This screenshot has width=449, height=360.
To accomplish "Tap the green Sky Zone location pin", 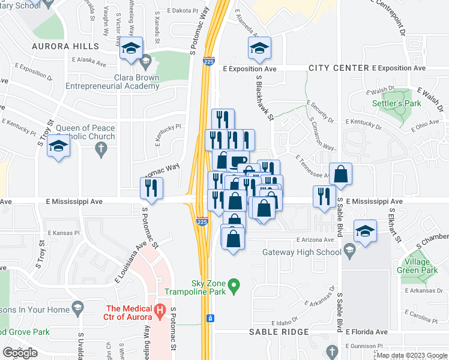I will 235,284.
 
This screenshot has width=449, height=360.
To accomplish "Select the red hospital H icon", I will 160,310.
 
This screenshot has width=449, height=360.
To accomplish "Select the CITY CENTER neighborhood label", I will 339,68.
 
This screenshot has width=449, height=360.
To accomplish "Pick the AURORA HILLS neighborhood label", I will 66,46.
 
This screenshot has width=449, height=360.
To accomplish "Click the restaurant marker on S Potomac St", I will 152,188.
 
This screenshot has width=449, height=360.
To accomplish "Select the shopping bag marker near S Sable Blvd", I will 340,175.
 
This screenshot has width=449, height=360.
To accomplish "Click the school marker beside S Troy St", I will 58,146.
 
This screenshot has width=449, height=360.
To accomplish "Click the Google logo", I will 20,353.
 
